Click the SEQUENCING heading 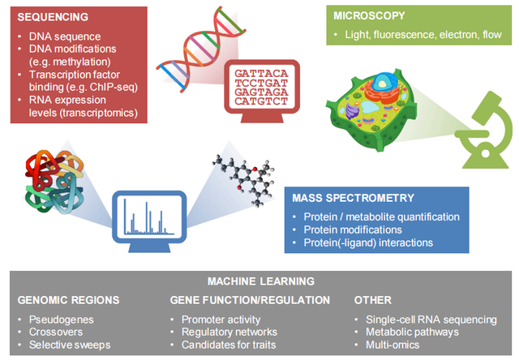coord(53,17)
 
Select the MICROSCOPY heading coord(369,16)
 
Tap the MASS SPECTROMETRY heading coord(354,198)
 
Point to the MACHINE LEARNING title coord(261,281)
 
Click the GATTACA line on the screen coord(261,73)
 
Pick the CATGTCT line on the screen coord(261,101)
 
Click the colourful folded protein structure coord(54,181)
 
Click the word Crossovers coord(56,332)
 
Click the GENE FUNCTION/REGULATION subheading coord(250,300)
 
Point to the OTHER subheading coord(373,300)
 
